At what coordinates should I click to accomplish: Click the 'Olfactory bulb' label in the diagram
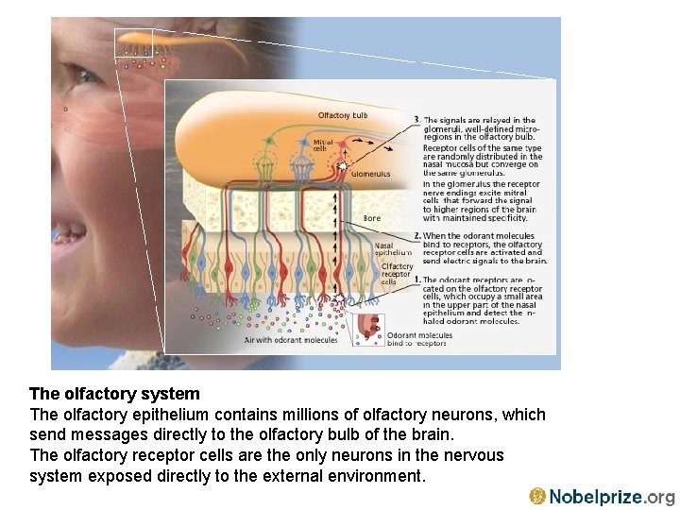point(342,115)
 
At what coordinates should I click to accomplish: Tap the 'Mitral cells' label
point(322,145)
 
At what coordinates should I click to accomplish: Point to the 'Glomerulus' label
point(369,174)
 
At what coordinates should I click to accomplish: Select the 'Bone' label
point(372,218)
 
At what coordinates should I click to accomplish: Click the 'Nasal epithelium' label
point(393,248)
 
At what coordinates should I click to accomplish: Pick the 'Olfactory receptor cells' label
point(397,274)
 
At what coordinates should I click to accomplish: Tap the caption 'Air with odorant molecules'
point(291,339)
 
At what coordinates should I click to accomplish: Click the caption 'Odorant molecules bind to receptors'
point(419,339)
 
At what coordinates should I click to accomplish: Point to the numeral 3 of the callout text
point(416,120)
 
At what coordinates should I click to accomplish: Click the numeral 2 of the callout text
point(416,235)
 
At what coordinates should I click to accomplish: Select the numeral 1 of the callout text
point(416,280)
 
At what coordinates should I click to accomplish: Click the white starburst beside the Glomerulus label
point(342,165)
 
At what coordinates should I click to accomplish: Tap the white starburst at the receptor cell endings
point(339,300)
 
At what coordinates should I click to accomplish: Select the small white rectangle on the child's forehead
point(132,43)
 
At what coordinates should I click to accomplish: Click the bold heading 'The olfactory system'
point(114,394)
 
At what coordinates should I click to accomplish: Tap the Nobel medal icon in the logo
point(537,496)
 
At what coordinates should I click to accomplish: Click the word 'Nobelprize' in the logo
point(596,497)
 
